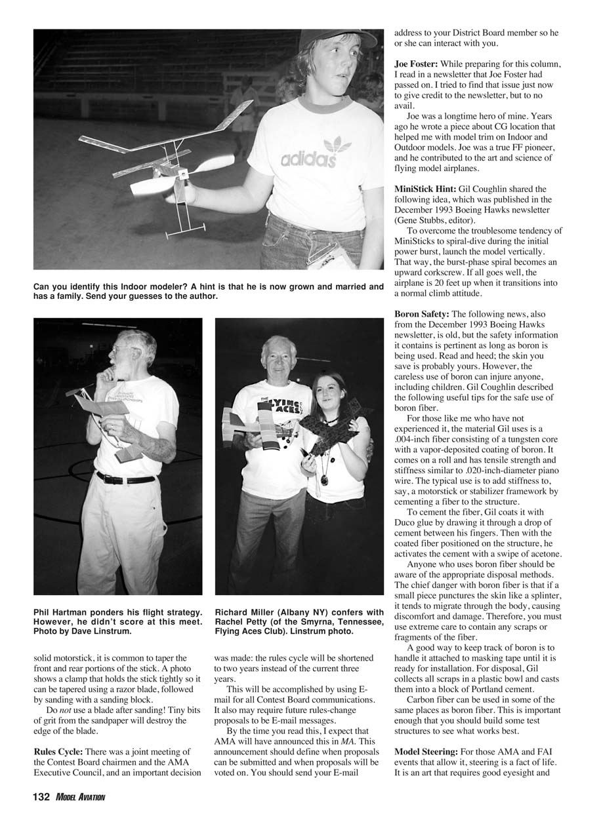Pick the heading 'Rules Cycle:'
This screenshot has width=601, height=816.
(58, 751)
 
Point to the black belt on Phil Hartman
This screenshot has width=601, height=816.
(125, 478)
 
